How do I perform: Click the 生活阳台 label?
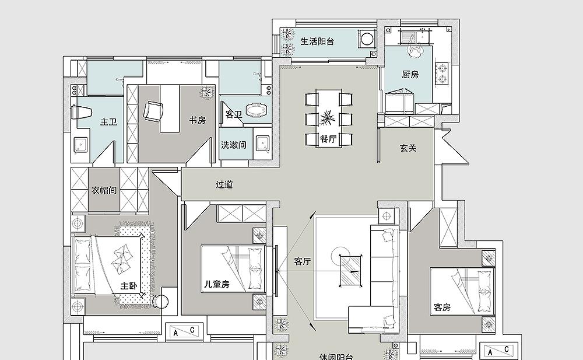pyautogui.click(x=317, y=41)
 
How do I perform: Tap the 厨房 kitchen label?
pyautogui.click(x=410, y=75)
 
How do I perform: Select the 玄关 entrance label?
pyautogui.click(x=408, y=148)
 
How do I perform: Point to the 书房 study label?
pyautogui.click(x=197, y=120)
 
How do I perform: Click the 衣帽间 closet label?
pyautogui.click(x=104, y=190)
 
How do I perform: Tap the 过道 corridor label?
pyautogui.click(x=224, y=184)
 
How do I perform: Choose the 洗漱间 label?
pyautogui.click(x=234, y=145)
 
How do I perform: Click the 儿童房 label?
pyautogui.click(x=216, y=284)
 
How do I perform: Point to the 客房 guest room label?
pyautogui.click(x=442, y=307)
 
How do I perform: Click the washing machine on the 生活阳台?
pyautogui.click(x=367, y=39)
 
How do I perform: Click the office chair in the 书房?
pyautogui.click(x=153, y=111)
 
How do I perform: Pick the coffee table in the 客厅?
pyautogui.click(x=350, y=271)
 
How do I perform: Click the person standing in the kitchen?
pyautogui.click(x=416, y=49)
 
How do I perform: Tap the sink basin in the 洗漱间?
pyautogui.click(x=263, y=145)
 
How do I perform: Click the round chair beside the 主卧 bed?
pyautogui.click(x=161, y=301)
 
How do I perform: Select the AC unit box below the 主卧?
pyautogui.click(x=184, y=331)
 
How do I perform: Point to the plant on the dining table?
pyautogui.click(x=327, y=118)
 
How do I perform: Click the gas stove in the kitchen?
pyautogui.click(x=442, y=74)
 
